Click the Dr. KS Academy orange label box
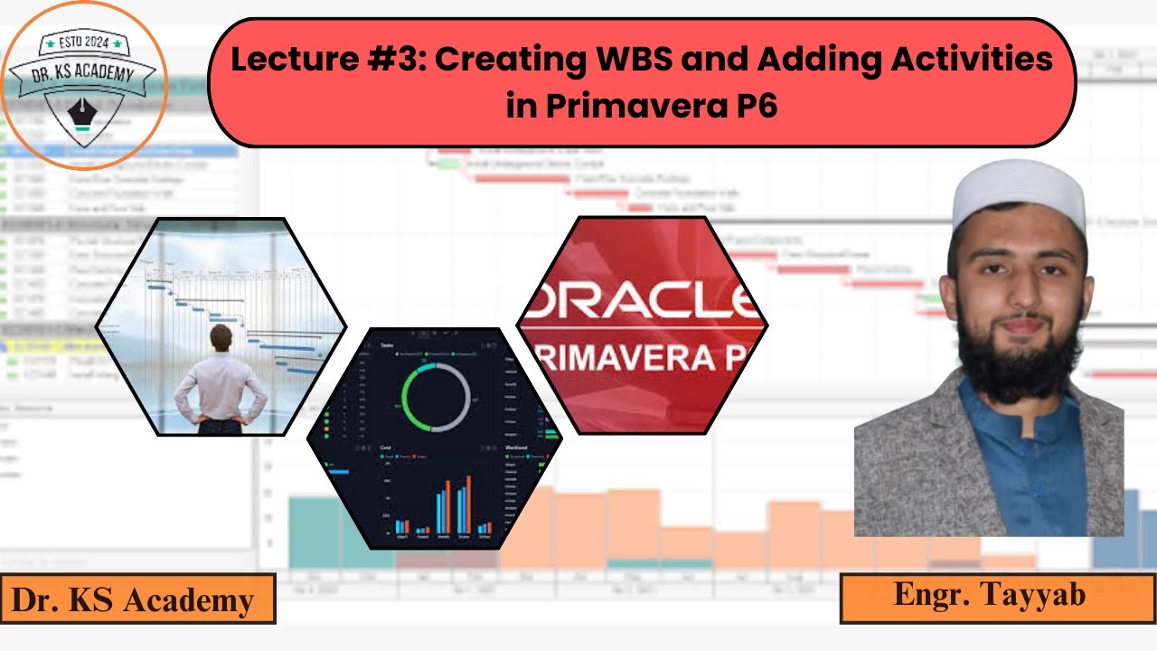(x=137, y=599)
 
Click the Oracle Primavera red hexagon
(x=642, y=325)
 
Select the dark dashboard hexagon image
(x=434, y=439)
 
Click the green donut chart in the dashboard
(x=437, y=398)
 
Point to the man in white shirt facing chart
(x=220, y=380)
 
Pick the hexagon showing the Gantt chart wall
(x=221, y=325)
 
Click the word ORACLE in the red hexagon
(x=647, y=300)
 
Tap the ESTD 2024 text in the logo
(x=83, y=42)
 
